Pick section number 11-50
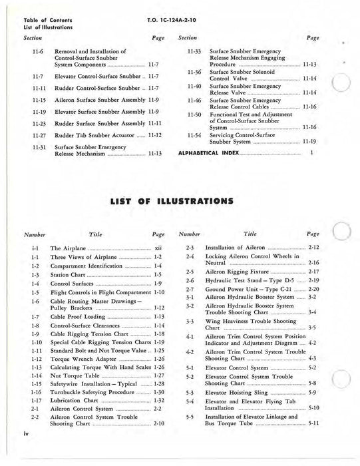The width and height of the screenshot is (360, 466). (194, 115)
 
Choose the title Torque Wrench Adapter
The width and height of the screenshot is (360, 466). (83, 358)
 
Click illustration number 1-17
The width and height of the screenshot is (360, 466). (36, 401)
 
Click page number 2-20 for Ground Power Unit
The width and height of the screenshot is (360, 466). (313, 290)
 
